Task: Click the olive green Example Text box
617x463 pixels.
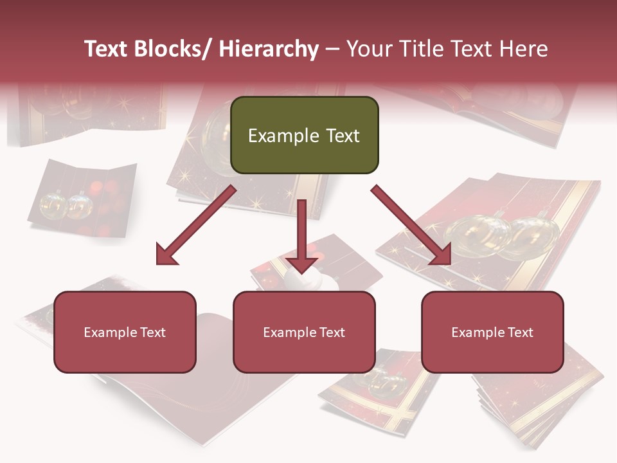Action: click(304, 135)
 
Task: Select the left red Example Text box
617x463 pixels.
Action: click(125, 332)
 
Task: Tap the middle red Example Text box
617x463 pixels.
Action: click(304, 332)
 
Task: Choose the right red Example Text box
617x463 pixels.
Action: click(492, 332)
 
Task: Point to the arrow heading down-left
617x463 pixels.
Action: click(196, 226)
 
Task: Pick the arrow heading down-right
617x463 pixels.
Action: click(411, 226)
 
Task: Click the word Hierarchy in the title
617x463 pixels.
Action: click(268, 50)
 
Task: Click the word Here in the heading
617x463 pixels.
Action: click(524, 50)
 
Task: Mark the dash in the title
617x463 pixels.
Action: click(332, 50)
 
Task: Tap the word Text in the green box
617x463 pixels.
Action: click(342, 136)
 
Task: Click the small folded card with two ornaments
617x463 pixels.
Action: click(82, 198)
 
